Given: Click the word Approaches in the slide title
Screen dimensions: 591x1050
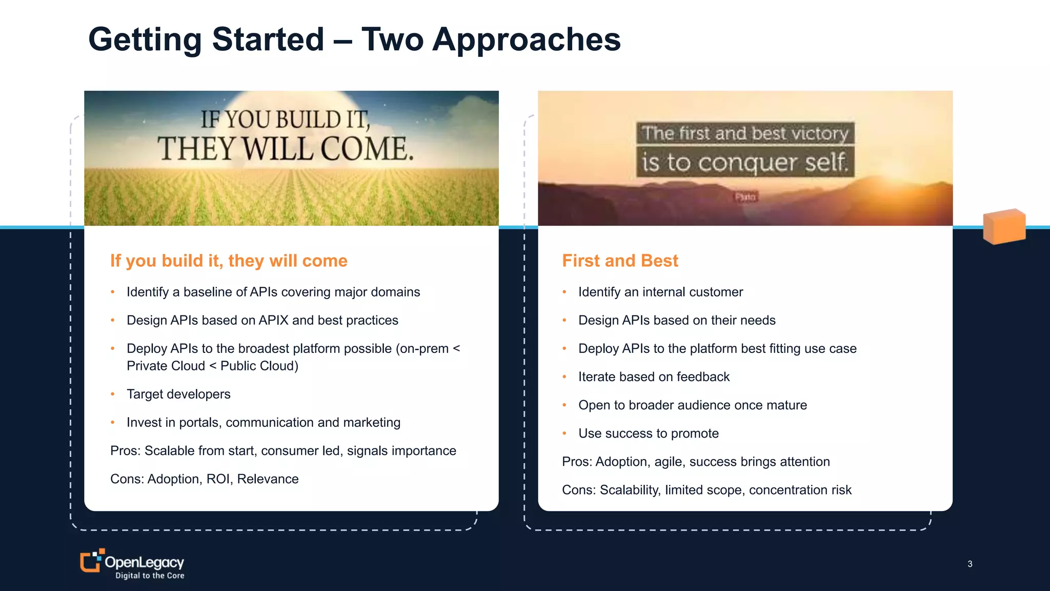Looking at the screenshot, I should click(x=526, y=40).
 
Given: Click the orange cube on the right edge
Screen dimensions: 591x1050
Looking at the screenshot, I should click(x=1004, y=226).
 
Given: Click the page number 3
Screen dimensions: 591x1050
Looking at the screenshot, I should click(x=970, y=564).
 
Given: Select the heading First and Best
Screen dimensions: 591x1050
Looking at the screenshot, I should click(x=620, y=261).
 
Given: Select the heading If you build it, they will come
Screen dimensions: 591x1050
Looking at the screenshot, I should click(x=229, y=261).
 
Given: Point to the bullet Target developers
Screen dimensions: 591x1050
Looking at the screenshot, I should click(x=178, y=394).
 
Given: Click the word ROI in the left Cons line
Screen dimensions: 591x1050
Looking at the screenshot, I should click(x=218, y=479).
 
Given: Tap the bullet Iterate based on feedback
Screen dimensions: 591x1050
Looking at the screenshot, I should click(x=654, y=377).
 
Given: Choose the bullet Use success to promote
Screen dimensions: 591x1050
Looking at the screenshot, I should click(x=648, y=434).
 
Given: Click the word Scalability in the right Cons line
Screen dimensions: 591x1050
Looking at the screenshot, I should click(x=630, y=490).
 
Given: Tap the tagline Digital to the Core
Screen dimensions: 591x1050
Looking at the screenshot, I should click(x=150, y=576).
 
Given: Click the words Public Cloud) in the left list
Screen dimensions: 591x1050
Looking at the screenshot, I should click(x=259, y=366).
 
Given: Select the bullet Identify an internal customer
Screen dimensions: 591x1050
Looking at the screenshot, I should click(x=660, y=292).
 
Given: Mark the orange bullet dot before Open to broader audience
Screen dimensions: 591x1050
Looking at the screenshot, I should click(x=564, y=405).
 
